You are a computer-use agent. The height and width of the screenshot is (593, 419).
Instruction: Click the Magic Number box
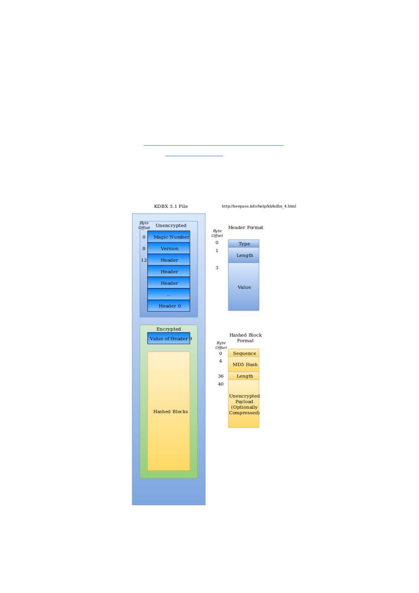click(169, 237)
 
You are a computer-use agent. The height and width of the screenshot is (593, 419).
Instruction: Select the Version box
click(169, 248)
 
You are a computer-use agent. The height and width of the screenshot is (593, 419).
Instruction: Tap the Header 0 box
click(169, 306)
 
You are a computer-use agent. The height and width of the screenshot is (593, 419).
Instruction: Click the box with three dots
click(169, 294)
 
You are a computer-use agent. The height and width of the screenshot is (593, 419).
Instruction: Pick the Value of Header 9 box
click(169, 338)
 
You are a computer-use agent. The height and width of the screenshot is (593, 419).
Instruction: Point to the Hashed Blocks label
click(170, 412)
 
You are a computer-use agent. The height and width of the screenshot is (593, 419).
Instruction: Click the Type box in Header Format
click(244, 244)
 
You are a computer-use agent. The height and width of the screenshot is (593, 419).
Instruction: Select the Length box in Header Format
click(244, 255)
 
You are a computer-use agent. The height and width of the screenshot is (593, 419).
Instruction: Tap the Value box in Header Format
click(244, 287)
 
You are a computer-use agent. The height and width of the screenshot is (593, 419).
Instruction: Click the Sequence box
click(244, 353)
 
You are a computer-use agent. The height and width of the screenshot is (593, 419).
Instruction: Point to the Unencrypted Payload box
click(244, 404)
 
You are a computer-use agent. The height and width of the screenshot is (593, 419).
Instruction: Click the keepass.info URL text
click(259, 206)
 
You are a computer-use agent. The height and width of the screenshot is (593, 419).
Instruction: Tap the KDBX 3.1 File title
click(171, 206)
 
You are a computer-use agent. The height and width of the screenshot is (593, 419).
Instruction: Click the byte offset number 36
click(221, 376)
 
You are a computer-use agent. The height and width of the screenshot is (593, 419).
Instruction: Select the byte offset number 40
click(221, 384)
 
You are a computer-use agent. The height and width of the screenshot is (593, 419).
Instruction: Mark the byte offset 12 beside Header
click(144, 260)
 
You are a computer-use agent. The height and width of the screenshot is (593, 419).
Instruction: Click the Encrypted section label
click(169, 329)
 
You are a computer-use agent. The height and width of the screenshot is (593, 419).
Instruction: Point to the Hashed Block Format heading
click(245, 338)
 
